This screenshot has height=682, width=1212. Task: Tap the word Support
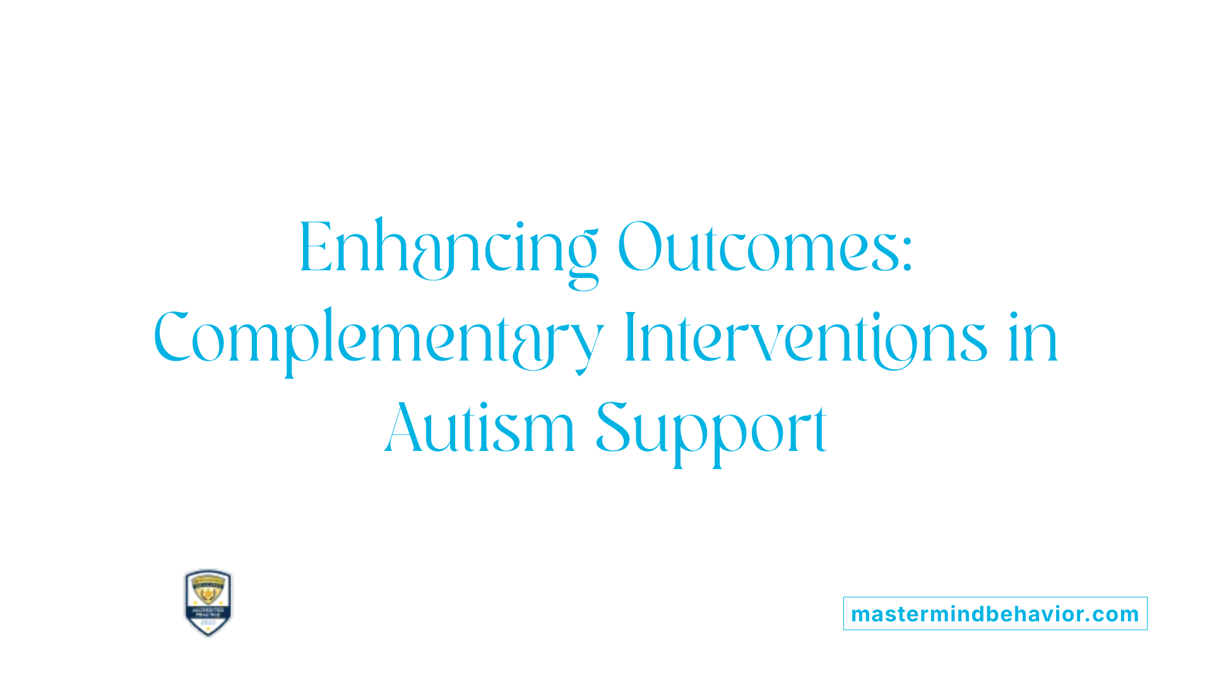click(x=711, y=429)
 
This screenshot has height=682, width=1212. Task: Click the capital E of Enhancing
click(x=314, y=248)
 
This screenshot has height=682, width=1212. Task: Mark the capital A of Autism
click(x=404, y=428)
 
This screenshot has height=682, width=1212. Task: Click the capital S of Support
click(x=614, y=428)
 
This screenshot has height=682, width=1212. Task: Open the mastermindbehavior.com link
click(x=995, y=614)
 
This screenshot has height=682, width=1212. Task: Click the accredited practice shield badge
click(x=208, y=602)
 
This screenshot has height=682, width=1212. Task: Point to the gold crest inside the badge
click(x=208, y=591)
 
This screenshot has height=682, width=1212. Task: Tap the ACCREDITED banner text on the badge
click(x=208, y=610)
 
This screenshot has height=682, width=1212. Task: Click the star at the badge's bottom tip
click(x=208, y=631)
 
